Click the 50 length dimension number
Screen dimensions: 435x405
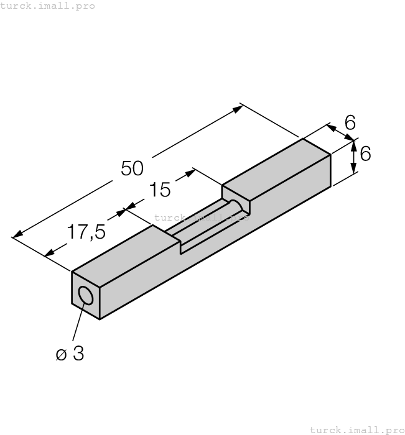(x=132, y=168)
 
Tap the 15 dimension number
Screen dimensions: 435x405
(x=161, y=190)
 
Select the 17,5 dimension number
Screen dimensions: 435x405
(x=86, y=232)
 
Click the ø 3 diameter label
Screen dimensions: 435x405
(x=70, y=354)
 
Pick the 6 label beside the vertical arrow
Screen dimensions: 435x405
(x=365, y=153)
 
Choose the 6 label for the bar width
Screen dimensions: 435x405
(x=350, y=123)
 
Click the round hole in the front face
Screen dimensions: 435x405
(x=86, y=296)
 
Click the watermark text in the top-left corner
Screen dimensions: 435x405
(x=48, y=6)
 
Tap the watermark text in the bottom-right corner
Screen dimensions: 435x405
(x=356, y=429)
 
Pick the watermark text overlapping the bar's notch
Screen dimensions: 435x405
(x=200, y=217)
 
